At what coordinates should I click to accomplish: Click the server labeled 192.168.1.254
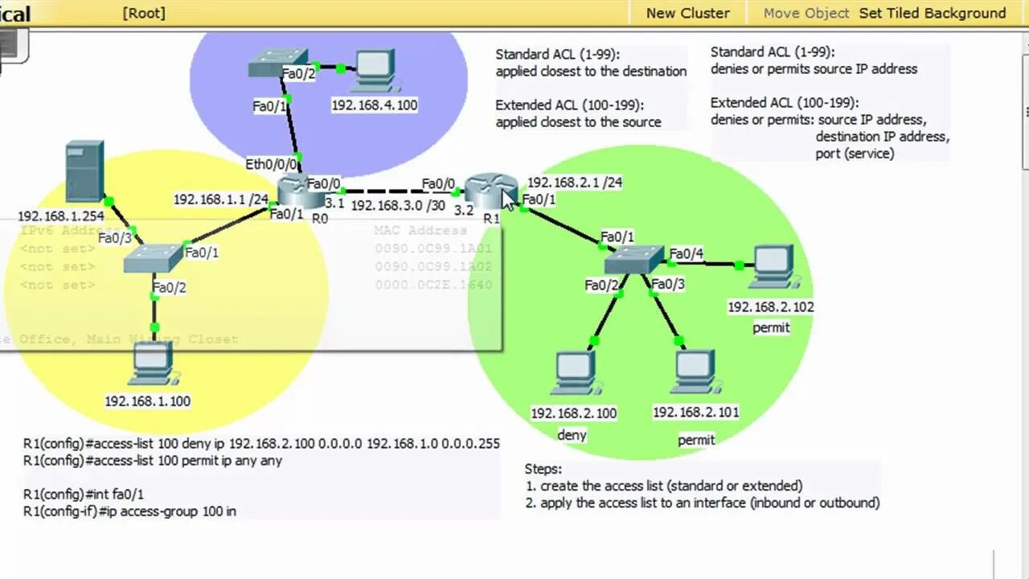tap(84, 170)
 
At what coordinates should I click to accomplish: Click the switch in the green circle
tap(634, 259)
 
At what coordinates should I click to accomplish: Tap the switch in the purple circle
tap(277, 64)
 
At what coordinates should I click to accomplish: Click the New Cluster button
tap(687, 13)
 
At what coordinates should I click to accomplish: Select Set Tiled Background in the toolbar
tap(933, 13)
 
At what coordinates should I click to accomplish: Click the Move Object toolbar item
tap(806, 13)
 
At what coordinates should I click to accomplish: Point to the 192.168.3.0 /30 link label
tap(397, 205)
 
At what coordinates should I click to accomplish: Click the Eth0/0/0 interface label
tap(271, 164)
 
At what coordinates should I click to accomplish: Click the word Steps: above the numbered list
tap(543, 469)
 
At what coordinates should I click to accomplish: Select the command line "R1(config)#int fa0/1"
tap(84, 494)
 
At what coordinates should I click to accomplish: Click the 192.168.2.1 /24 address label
tap(574, 183)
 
